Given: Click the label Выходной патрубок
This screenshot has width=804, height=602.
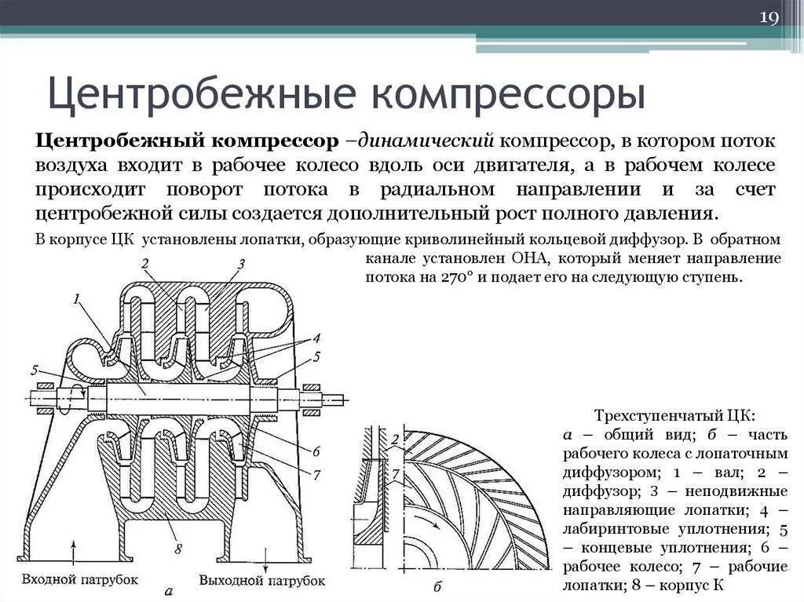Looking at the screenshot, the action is (x=262, y=580).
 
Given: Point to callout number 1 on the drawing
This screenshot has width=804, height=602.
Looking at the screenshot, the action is (x=76, y=298).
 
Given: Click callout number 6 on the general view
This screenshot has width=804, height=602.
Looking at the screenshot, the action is (x=315, y=451).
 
